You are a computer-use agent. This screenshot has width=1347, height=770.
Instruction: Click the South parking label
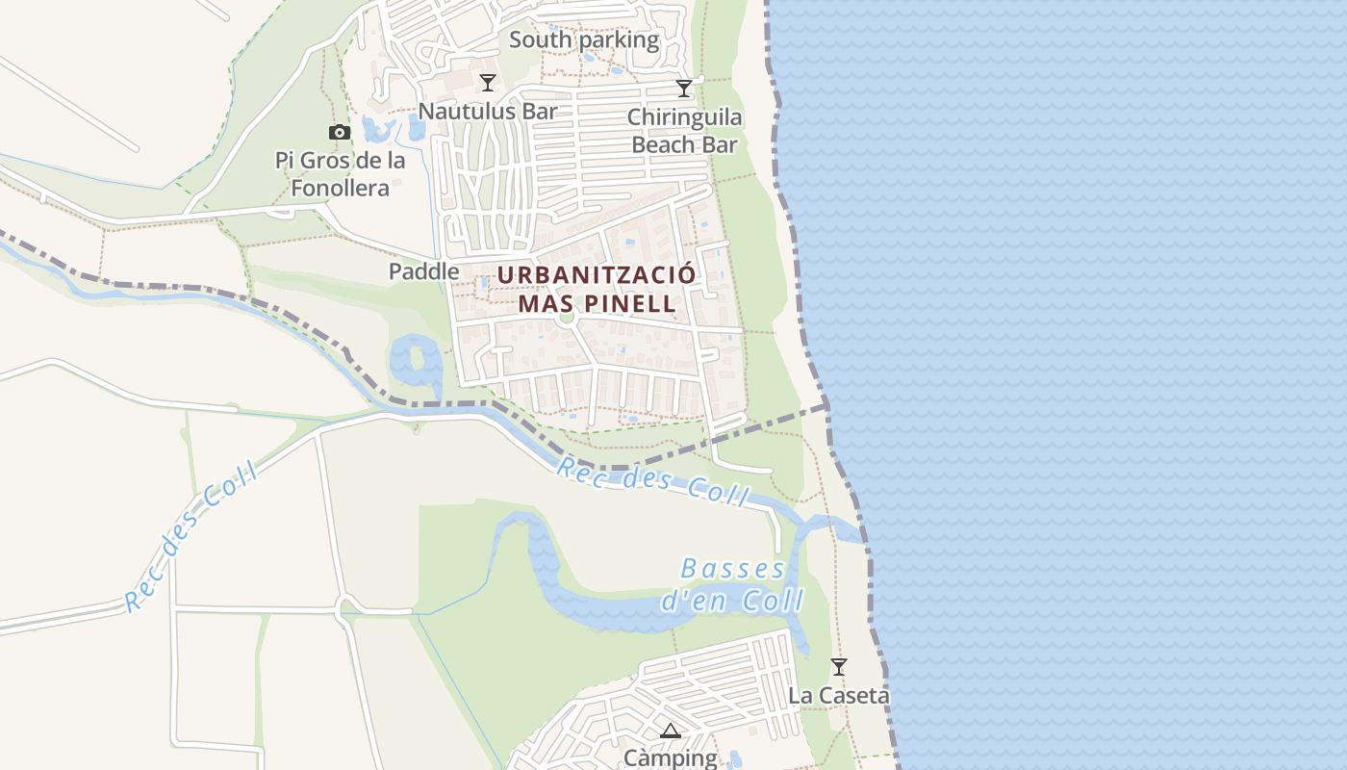click(583, 40)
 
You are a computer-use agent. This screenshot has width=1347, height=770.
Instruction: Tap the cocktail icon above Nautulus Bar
click(488, 82)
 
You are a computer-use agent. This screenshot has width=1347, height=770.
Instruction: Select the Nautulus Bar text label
click(487, 111)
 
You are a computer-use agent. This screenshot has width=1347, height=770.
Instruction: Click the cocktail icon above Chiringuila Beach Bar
click(684, 89)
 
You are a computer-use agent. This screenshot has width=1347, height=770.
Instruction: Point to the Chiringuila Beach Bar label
click(684, 131)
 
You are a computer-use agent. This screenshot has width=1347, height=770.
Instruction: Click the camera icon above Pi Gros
click(340, 133)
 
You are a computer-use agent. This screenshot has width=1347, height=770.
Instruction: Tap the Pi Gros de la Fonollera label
click(341, 174)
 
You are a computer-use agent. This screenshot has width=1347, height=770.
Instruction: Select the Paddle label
click(423, 271)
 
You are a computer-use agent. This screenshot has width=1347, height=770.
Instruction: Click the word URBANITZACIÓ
click(597, 274)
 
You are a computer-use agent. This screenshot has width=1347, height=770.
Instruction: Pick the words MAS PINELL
click(597, 304)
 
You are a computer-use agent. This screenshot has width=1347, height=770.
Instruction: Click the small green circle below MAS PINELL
click(567, 317)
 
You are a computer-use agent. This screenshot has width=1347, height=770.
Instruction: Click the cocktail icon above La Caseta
click(839, 666)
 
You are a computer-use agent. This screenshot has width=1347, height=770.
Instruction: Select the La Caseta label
click(839, 695)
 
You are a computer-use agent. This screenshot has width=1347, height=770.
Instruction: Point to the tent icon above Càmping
click(671, 731)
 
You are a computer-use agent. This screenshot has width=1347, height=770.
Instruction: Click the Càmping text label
click(671, 757)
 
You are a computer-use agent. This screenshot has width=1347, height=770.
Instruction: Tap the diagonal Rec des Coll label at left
click(191, 536)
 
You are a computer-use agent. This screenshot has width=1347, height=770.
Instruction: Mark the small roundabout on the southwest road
click(346, 607)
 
